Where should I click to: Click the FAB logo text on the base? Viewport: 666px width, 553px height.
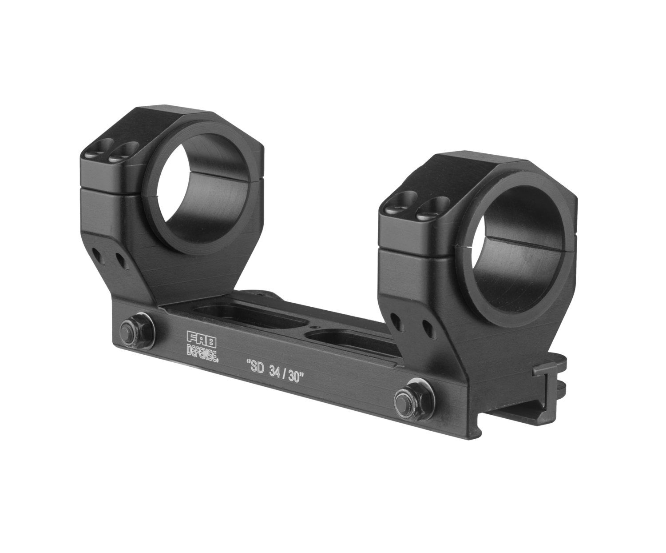pos(202,340)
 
